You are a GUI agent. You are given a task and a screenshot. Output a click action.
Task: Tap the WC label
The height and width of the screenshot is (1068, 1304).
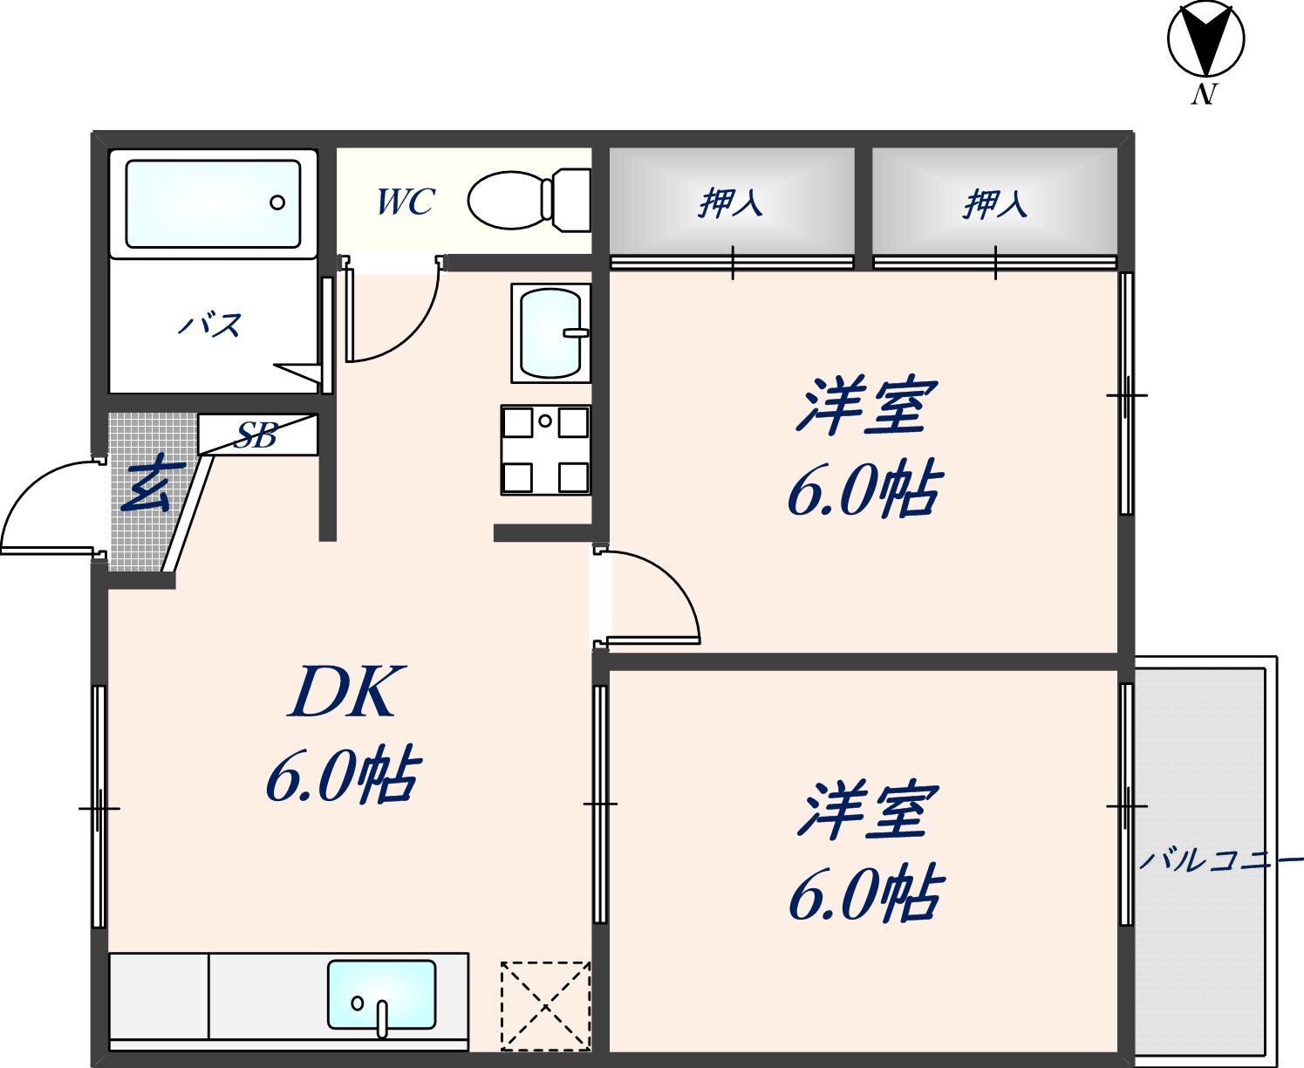click(405, 202)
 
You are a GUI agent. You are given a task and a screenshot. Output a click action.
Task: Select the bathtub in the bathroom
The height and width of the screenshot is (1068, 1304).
click(213, 203)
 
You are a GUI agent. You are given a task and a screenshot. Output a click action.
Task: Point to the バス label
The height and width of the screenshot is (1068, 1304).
click(211, 326)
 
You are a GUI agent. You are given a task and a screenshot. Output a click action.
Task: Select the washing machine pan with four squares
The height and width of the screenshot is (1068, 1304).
click(545, 449)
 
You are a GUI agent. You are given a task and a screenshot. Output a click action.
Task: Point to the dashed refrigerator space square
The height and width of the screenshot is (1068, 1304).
click(545, 1005)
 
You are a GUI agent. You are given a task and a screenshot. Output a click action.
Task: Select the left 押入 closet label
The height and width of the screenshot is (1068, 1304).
click(731, 203)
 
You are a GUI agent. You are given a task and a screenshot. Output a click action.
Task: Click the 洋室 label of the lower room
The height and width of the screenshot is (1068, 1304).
click(866, 811)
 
